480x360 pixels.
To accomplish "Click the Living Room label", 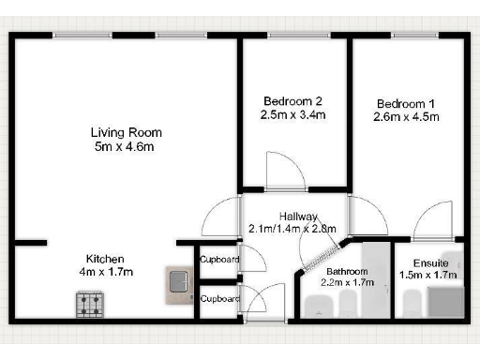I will tap(122, 132).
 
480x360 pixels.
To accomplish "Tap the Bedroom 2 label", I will tap(292, 101).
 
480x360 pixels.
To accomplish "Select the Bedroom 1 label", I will tap(407, 103).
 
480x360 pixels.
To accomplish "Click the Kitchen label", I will tap(105, 259).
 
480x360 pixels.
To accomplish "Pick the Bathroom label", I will tap(342, 270).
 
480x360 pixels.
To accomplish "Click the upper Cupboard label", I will tap(220, 260).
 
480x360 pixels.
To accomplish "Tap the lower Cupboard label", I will tap(220, 299).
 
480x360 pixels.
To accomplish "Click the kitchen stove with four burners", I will tap(90, 303).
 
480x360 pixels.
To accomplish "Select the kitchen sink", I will tap(178, 284).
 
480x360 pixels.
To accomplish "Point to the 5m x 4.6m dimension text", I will tap(122, 146).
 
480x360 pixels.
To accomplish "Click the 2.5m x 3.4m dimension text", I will tap(292, 115).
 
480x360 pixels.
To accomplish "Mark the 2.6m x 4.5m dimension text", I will tap(407, 117).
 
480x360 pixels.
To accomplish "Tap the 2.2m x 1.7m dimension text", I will tap(348, 281).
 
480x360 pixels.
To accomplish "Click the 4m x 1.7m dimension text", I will tap(105, 272).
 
